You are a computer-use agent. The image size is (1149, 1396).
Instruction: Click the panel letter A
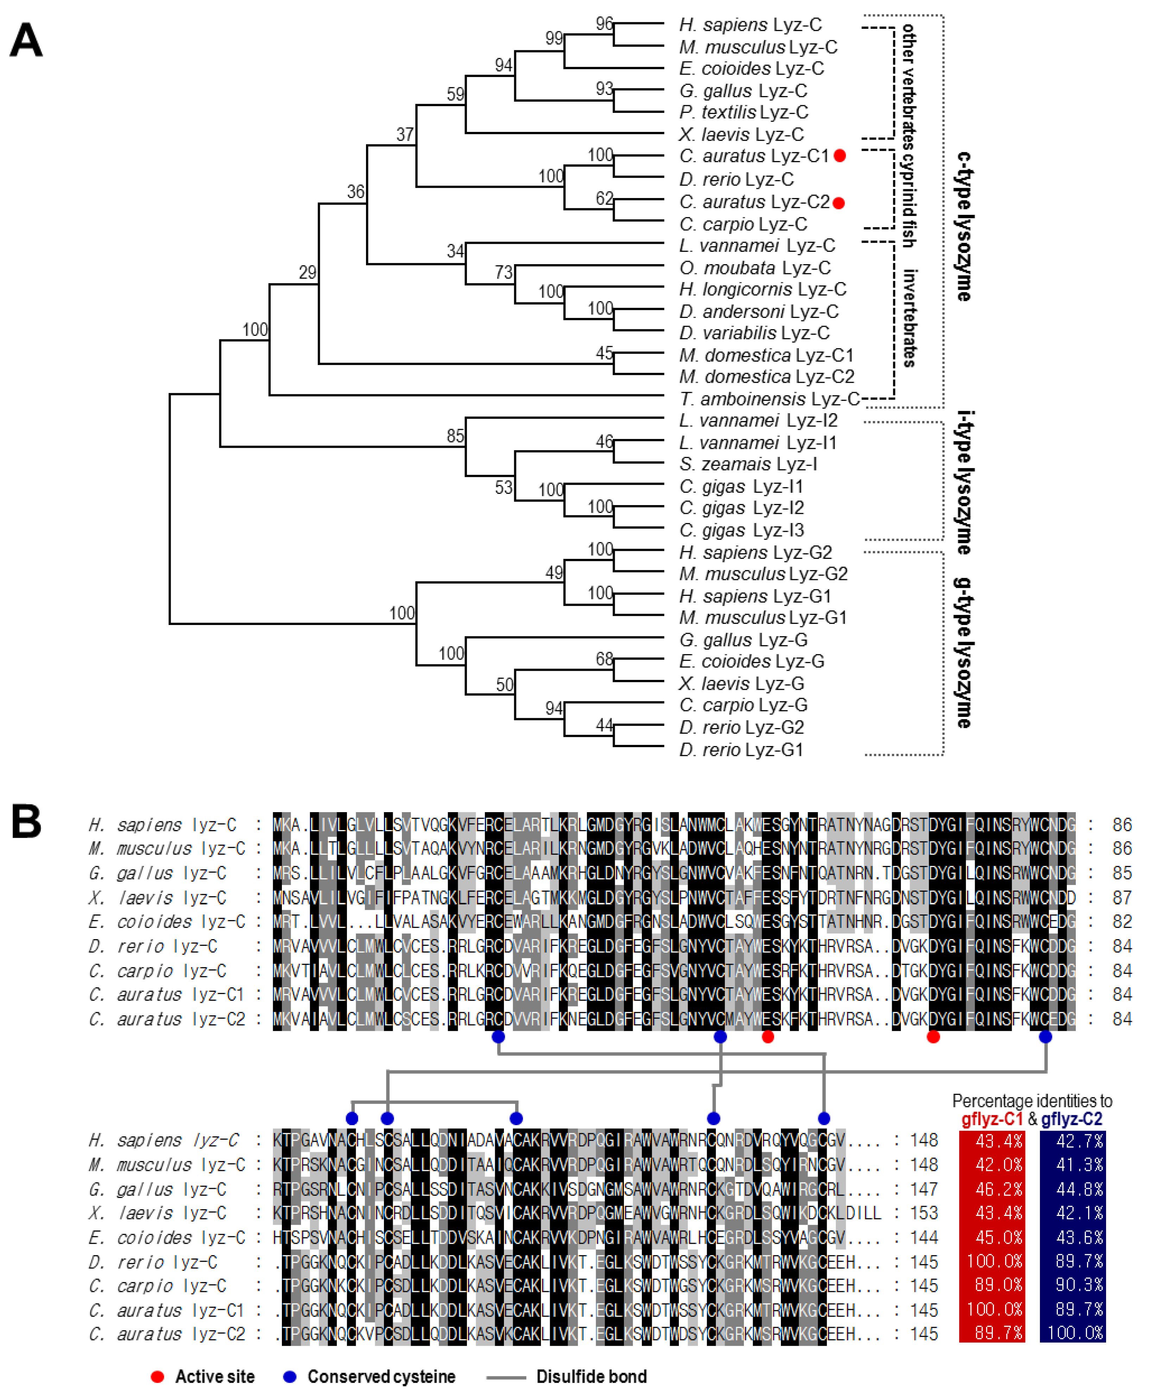tap(26, 41)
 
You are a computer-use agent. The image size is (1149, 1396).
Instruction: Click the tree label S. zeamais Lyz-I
tap(747, 464)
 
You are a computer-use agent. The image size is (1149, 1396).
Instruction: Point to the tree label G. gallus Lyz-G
tap(743, 640)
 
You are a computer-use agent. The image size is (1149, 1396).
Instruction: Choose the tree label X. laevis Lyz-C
tap(741, 134)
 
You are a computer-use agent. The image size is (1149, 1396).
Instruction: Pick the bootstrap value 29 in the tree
tap(307, 273)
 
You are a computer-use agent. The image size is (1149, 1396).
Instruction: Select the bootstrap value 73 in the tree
tap(504, 273)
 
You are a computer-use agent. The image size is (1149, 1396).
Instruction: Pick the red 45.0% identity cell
tap(991, 1237)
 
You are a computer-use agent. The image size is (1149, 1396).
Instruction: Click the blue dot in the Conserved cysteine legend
tap(289, 1376)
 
